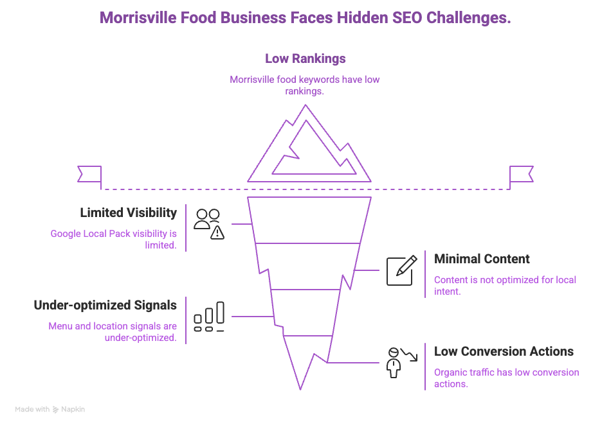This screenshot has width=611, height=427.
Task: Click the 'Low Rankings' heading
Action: coord(305,58)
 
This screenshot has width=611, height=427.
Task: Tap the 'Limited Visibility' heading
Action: coord(128,213)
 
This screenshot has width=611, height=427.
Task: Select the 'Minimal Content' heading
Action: coord(482,259)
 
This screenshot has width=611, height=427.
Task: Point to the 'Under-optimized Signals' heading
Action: coord(105,305)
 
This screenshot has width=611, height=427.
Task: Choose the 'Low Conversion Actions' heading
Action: coord(504,351)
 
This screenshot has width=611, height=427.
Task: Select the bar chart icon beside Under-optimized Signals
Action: coord(209,317)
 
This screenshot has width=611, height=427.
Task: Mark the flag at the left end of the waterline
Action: coord(89,174)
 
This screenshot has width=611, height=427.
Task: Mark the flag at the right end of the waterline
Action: coord(521,174)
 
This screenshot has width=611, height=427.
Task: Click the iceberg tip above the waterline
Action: coord(309,148)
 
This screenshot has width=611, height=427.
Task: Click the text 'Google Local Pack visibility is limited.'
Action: coord(114,240)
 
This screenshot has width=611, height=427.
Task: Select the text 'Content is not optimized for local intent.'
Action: coord(505,286)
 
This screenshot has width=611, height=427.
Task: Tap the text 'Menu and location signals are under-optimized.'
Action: coord(113,332)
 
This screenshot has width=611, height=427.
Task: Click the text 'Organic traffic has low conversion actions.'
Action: coord(506,378)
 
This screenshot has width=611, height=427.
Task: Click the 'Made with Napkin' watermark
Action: coord(50,409)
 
